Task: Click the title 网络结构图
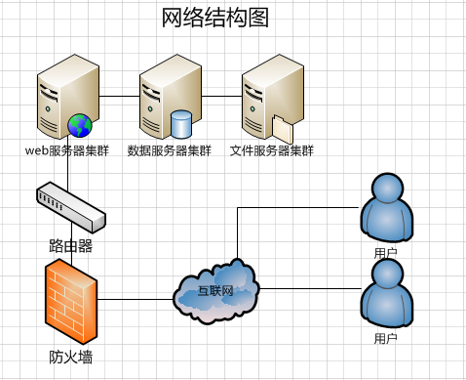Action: [x=215, y=18]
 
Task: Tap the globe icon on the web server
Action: [x=80, y=125]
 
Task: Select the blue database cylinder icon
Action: [x=181, y=124]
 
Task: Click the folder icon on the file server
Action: [x=283, y=129]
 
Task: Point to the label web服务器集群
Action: [x=67, y=150]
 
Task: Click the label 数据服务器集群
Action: [x=170, y=150]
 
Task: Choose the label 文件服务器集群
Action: [x=272, y=150]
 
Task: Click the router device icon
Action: [x=71, y=207]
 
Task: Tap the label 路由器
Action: [x=71, y=246]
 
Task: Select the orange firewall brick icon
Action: [x=71, y=301]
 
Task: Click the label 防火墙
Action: [x=71, y=358]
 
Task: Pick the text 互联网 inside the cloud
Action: [x=215, y=291]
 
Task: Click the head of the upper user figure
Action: [x=387, y=188]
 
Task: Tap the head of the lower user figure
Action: [x=387, y=274]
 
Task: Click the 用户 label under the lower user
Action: [x=386, y=339]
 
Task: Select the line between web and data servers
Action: [x=119, y=96]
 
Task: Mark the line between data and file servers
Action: [x=221, y=96]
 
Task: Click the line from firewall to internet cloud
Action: [x=136, y=299]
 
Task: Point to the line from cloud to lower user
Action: [x=310, y=288]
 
